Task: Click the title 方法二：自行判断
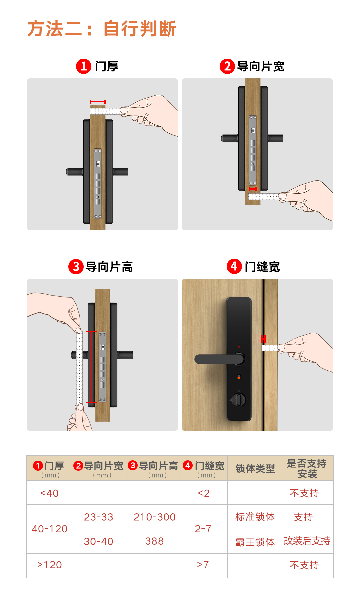click(x=102, y=29)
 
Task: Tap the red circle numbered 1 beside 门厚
click(x=84, y=66)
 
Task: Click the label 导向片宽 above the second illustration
click(x=260, y=66)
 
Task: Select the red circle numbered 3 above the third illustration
click(x=76, y=267)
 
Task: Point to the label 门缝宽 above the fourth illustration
click(x=262, y=267)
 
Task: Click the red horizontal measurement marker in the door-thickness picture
click(x=98, y=101)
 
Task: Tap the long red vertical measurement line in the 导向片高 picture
click(x=92, y=367)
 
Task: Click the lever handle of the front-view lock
click(x=217, y=359)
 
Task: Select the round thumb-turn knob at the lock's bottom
click(x=239, y=399)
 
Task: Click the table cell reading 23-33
click(x=98, y=517)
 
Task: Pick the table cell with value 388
click(x=154, y=541)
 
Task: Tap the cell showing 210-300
click(x=154, y=517)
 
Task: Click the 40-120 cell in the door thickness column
click(x=49, y=529)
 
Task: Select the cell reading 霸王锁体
click(x=255, y=542)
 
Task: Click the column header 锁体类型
click(x=255, y=468)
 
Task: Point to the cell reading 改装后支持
click(x=307, y=541)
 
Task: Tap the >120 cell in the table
click(x=49, y=565)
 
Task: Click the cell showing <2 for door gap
click(x=204, y=493)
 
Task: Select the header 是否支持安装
click(x=307, y=468)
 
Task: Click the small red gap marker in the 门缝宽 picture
click(x=263, y=339)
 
